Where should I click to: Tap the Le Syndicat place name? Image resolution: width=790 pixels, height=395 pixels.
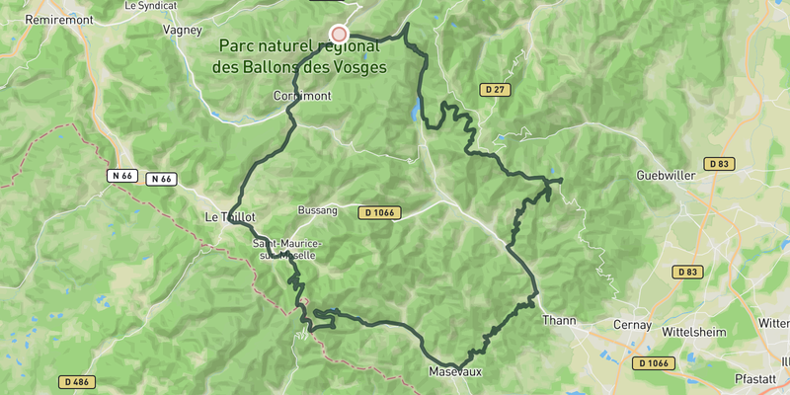tap(150, 5)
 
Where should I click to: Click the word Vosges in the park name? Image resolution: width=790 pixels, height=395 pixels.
tap(355, 66)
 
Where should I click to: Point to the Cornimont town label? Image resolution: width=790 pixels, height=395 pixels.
tap(302, 96)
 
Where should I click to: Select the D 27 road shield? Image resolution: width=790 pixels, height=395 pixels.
tap(496, 90)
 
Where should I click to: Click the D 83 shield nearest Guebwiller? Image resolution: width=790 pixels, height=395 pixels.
tap(718, 163)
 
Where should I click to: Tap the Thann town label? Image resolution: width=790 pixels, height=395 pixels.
tap(559, 319)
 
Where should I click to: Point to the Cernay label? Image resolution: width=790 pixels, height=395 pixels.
tap(631, 324)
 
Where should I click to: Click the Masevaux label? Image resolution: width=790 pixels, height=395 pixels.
tap(455, 372)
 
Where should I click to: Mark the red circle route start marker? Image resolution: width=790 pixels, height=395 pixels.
tap(339, 34)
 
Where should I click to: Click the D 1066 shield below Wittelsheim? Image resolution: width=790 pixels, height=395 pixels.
tap(654, 362)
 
